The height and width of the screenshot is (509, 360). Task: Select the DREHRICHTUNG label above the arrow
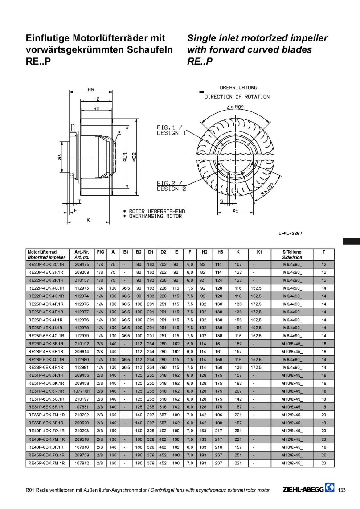click(x=238, y=88)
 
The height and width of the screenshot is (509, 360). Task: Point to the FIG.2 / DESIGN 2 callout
click(x=171, y=186)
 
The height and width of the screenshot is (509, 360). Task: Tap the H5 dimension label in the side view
click(x=90, y=90)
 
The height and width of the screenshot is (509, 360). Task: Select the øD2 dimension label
click(x=134, y=157)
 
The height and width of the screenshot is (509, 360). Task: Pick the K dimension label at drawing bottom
click(x=88, y=220)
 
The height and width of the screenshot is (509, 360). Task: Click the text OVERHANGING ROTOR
click(x=155, y=216)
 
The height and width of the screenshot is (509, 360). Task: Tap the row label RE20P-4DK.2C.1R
click(x=46, y=264)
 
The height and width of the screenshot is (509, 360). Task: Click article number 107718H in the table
click(x=82, y=391)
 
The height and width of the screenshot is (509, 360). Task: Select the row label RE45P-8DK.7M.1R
click(x=46, y=463)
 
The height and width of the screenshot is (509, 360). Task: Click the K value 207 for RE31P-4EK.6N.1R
click(x=238, y=391)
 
